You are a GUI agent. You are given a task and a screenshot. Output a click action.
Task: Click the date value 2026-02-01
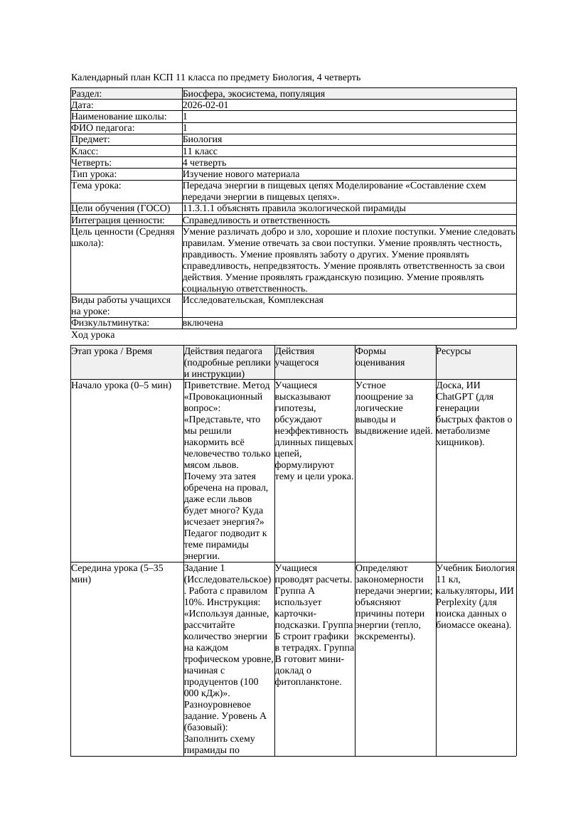point(205,105)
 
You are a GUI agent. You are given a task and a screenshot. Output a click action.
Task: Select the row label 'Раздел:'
point(87,93)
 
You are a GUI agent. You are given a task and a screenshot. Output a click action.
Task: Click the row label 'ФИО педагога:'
point(103,128)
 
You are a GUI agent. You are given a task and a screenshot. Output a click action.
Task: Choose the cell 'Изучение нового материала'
point(241,174)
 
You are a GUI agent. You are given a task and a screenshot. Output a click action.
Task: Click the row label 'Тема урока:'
point(96,186)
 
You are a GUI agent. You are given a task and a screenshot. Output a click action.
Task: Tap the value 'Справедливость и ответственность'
point(256,220)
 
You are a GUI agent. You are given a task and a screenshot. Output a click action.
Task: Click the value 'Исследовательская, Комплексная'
point(253,300)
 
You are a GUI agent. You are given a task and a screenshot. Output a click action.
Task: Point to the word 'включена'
point(203,323)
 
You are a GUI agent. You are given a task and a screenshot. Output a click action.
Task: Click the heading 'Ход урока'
point(93,335)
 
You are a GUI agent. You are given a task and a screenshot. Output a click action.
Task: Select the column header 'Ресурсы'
point(453,351)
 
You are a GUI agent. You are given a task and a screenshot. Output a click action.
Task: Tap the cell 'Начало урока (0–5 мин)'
point(122,385)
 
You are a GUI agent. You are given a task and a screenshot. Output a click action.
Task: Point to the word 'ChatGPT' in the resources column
point(454,397)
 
